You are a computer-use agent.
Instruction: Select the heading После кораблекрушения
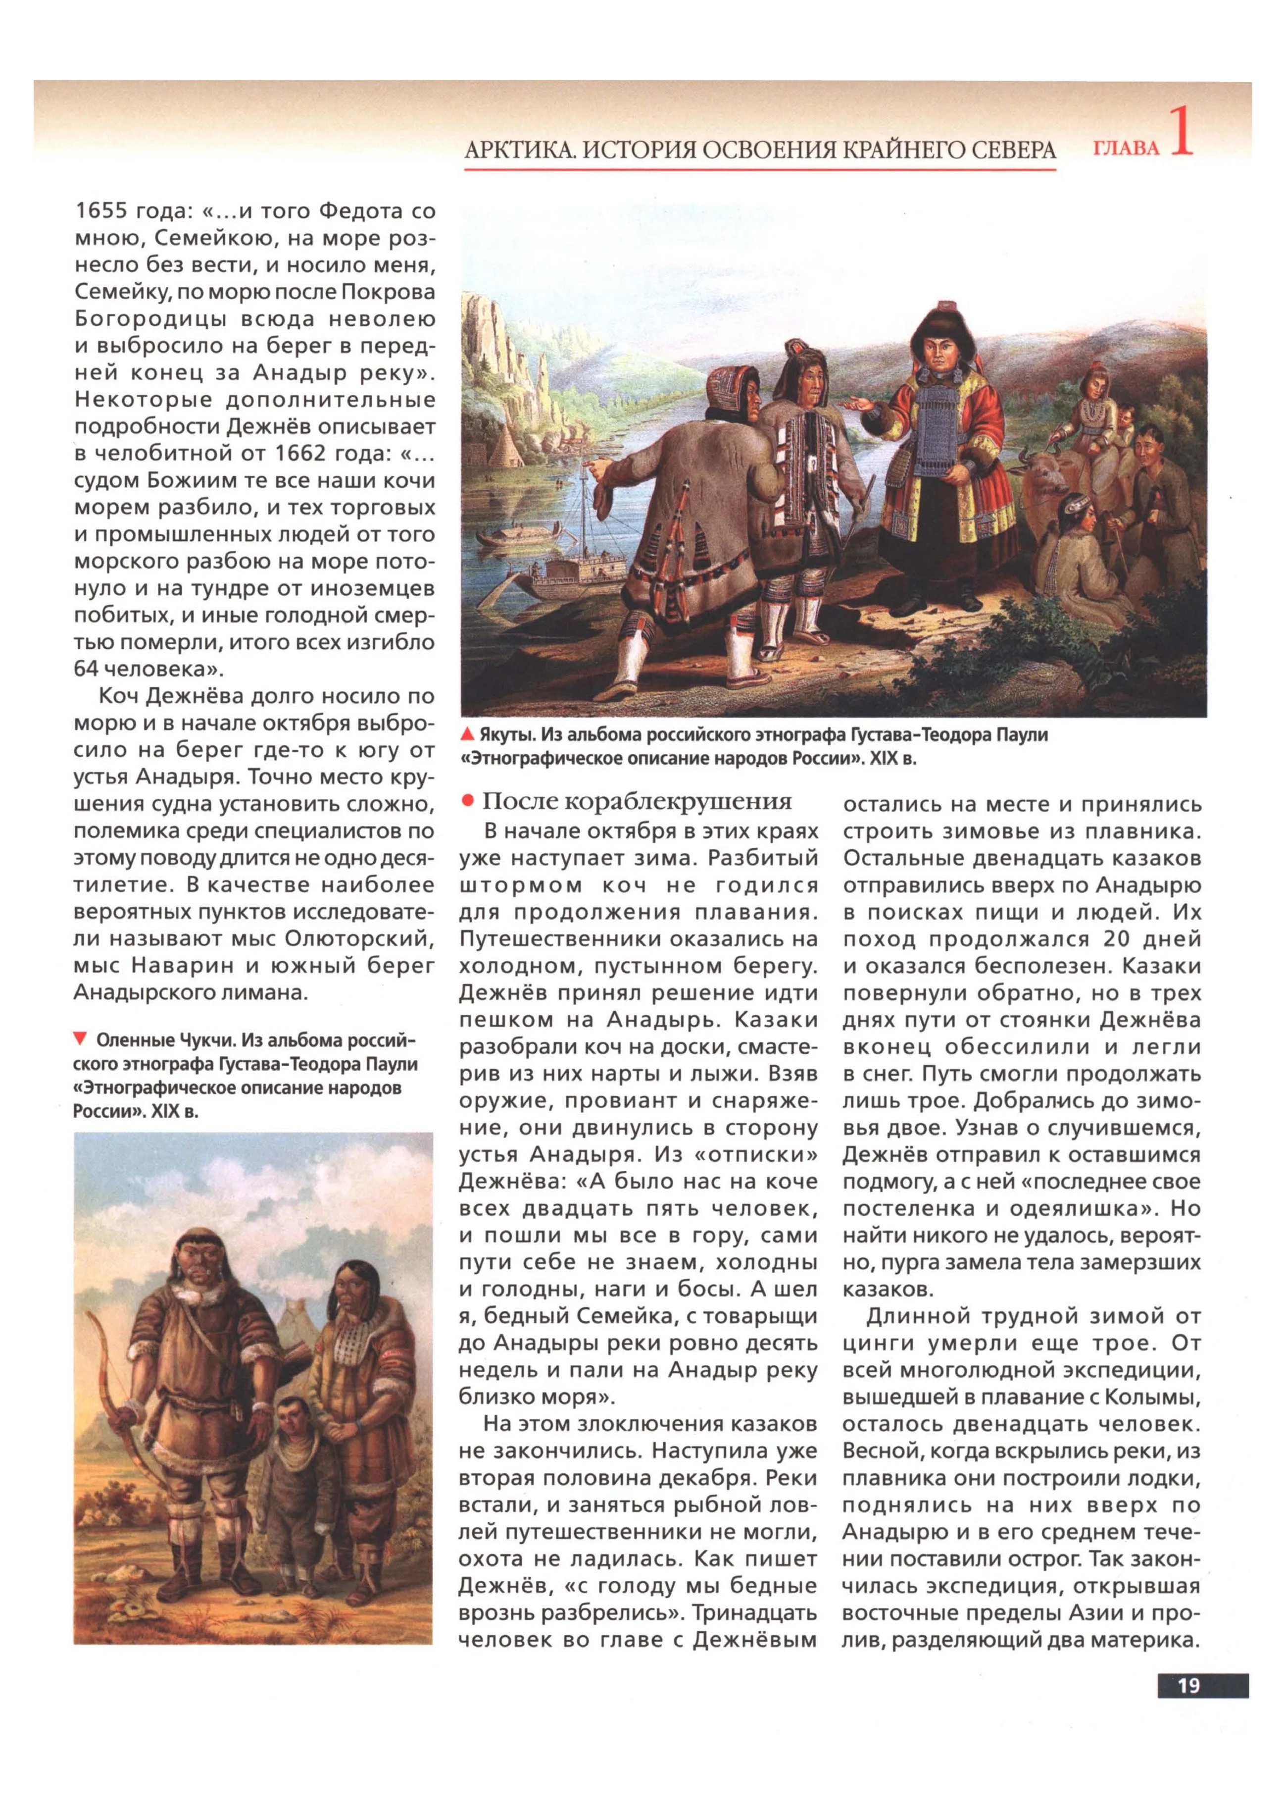tap(637, 802)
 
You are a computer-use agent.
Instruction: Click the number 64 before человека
tap(85, 669)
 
